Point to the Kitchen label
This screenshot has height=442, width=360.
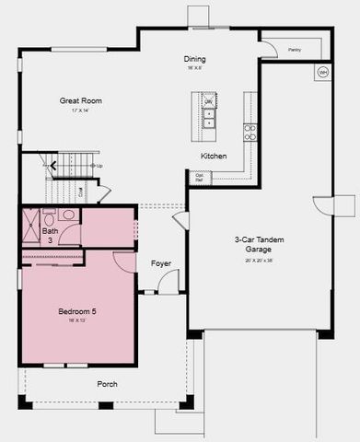click(214, 156)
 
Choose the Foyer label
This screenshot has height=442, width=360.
click(161, 264)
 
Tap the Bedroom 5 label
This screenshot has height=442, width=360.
click(77, 311)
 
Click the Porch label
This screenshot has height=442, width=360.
click(107, 384)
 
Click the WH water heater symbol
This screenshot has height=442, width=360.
click(322, 72)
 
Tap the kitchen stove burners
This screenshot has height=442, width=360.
click(250, 133)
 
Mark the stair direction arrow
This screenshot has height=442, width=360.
click(54, 167)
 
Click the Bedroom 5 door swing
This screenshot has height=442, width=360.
click(125, 261)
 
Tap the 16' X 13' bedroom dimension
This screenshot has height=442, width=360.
click(77, 321)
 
